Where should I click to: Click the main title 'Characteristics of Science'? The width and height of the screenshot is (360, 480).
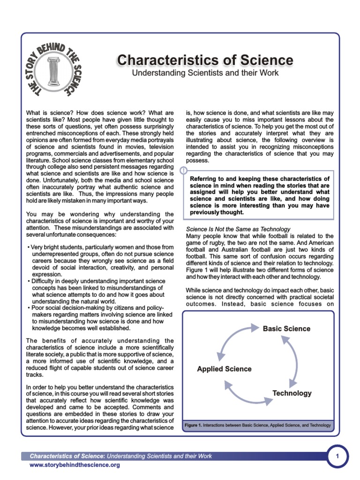pos(205,60)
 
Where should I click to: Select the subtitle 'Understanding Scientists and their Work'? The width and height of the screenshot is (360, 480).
pos(205,73)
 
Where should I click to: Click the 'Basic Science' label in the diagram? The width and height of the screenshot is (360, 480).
pos(286,329)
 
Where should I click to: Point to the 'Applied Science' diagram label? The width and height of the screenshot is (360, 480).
pos(224,369)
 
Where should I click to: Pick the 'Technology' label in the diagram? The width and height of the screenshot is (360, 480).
pos(292,393)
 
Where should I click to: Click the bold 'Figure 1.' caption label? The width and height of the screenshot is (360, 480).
pos(193,425)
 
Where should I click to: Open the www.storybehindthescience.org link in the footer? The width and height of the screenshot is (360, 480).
pos(75,465)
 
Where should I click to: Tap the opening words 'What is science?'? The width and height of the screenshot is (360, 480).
pos(46,113)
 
